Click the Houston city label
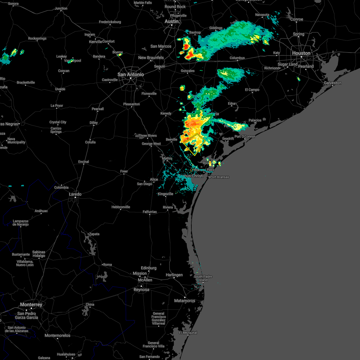point(301,53)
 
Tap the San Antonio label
point(130,74)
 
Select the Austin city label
point(172,22)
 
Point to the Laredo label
point(75,194)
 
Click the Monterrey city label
point(31,304)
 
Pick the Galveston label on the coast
point(333,83)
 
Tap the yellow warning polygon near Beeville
point(194,144)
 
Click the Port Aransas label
point(220,177)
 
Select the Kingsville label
point(166,194)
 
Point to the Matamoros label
point(185,301)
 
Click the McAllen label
point(145,280)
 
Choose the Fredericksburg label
point(110,22)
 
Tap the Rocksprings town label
point(37,38)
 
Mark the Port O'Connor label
point(245,136)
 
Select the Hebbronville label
point(121,207)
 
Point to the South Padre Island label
point(203,278)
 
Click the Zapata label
point(94,234)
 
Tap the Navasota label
point(262,15)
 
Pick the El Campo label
point(252,90)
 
